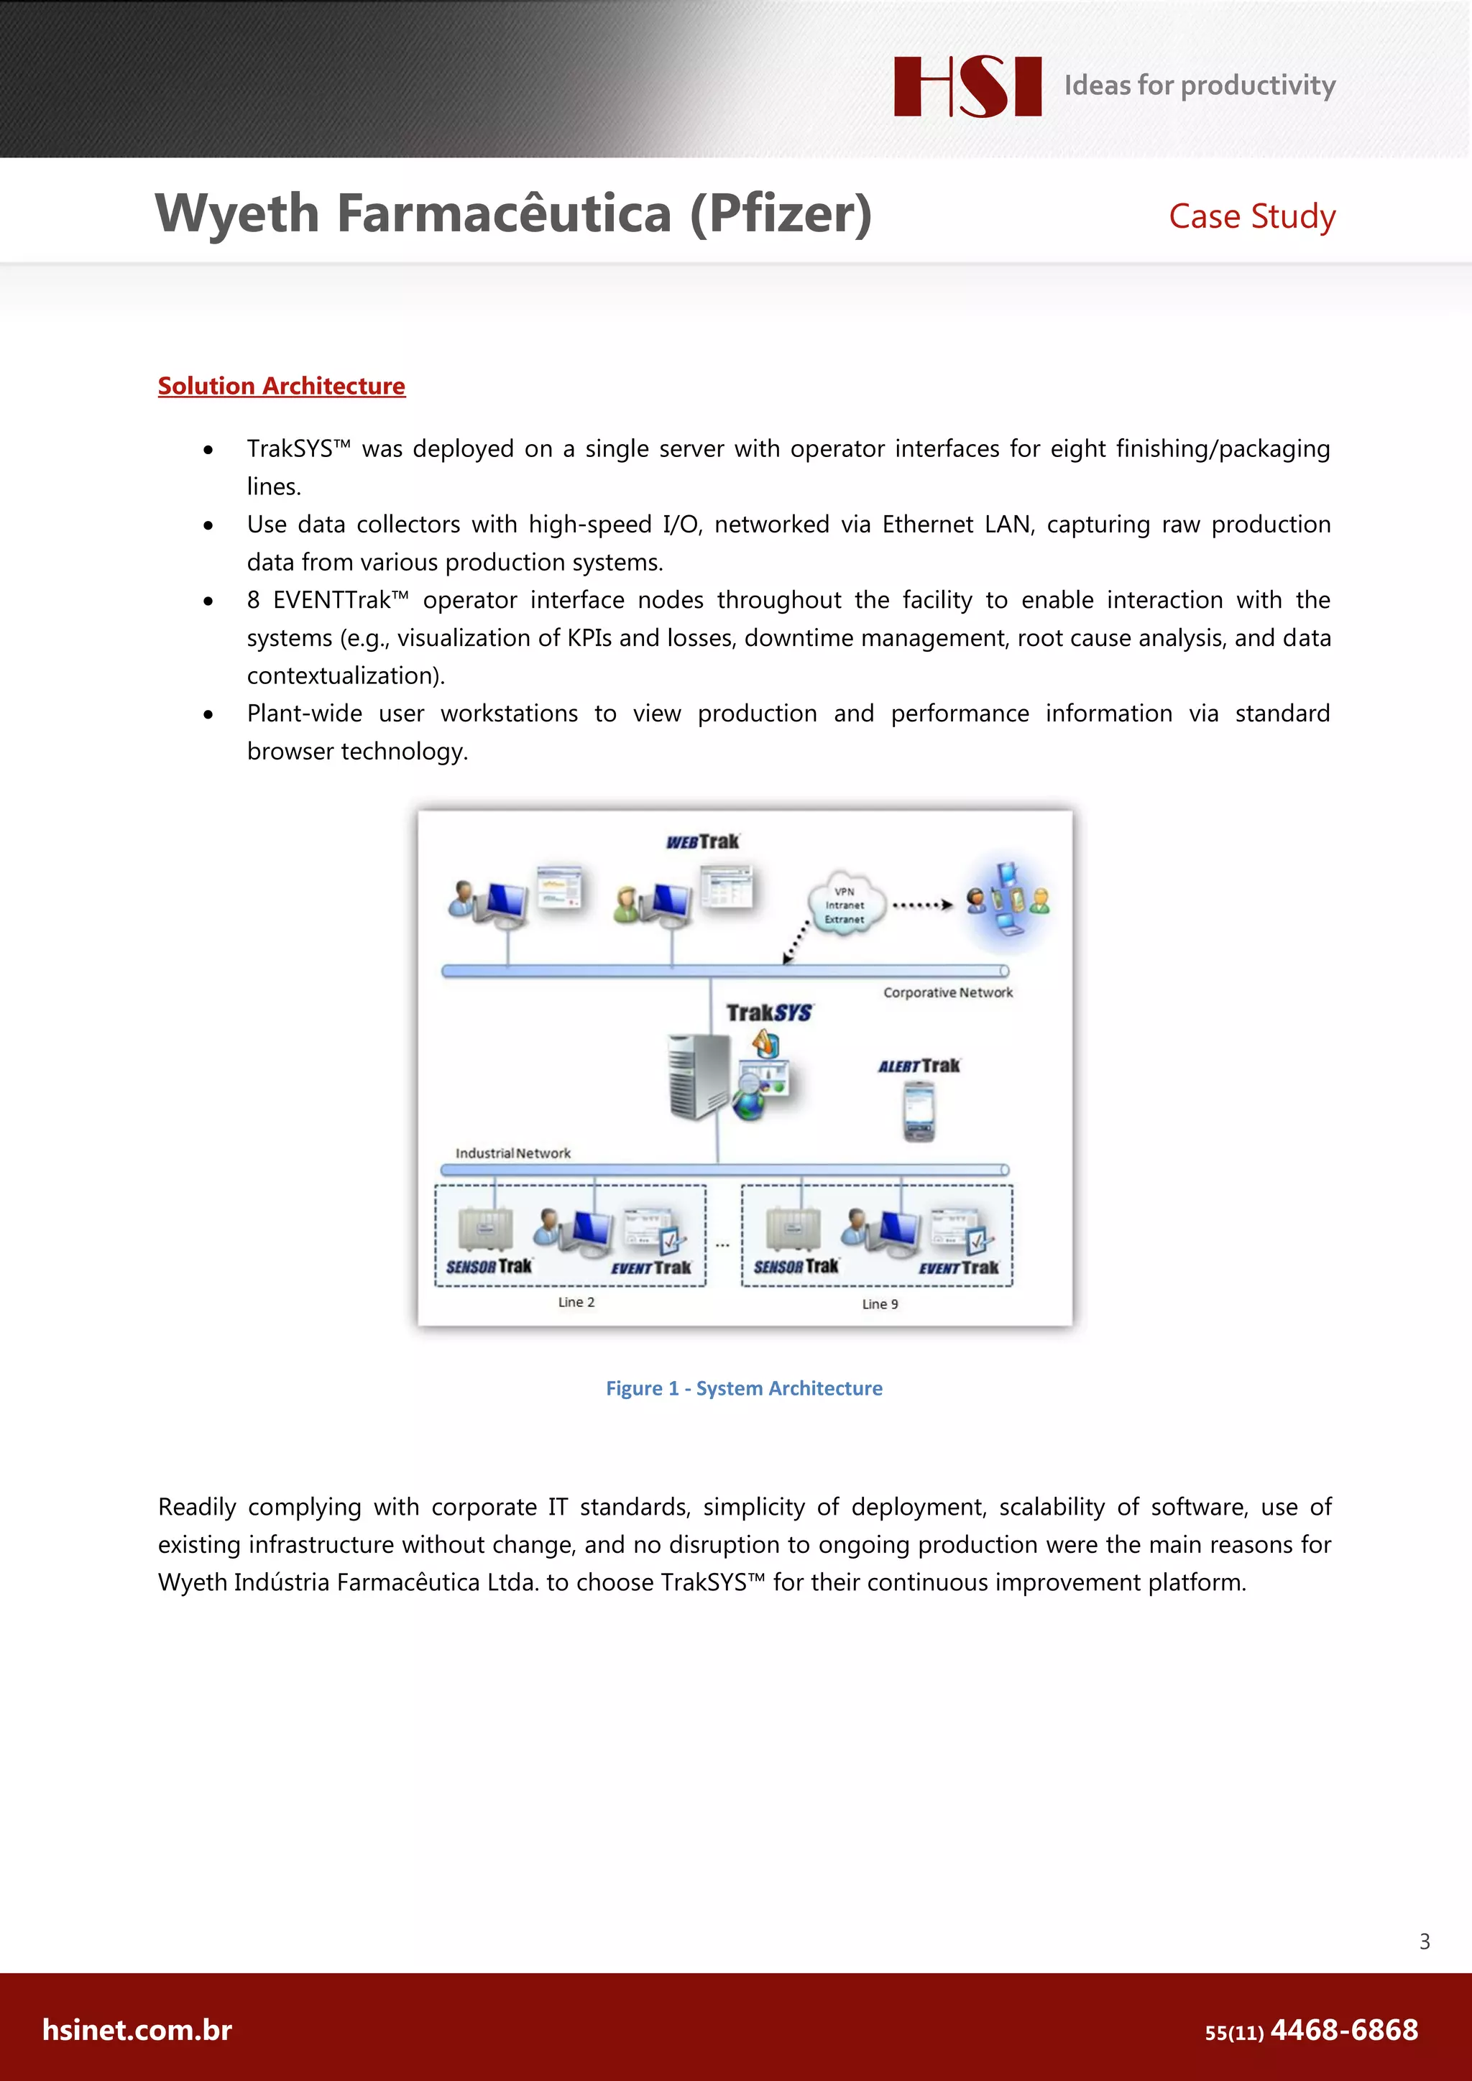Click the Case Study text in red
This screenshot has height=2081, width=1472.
[1252, 216]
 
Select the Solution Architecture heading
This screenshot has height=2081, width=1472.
[281, 386]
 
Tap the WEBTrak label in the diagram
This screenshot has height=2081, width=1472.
[702, 842]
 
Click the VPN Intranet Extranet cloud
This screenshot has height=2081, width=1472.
[845, 904]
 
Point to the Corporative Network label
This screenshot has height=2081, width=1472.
[948, 992]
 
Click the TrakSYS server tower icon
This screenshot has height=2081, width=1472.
[698, 1076]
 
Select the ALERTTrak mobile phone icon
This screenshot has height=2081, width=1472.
[918, 1111]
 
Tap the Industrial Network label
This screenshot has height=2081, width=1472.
[513, 1153]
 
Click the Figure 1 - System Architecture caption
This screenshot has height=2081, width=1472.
[744, 1388]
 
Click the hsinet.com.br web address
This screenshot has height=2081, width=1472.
[137, 2030]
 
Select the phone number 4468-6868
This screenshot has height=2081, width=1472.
[1343, 2030]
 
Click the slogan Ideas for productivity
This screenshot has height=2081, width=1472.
[1199, 86]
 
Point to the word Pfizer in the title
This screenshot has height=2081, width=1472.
[781, 214]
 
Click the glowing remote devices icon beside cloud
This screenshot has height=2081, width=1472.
[1008, 900]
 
